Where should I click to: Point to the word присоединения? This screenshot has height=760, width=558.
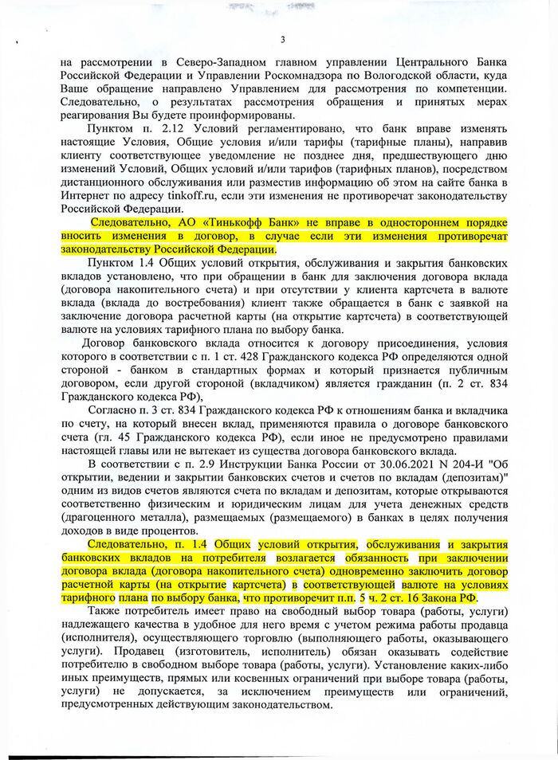point(344,358)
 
